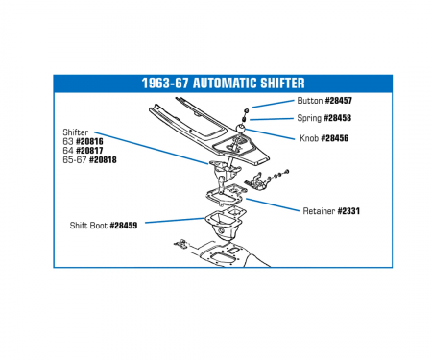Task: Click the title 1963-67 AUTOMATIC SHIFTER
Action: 223,84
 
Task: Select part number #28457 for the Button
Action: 339,101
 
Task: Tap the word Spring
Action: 309,118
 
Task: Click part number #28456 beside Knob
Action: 335,138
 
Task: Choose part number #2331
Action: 348,211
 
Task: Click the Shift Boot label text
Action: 88,226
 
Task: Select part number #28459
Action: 124,226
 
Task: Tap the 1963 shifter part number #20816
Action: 89,141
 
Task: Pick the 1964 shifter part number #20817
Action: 89,151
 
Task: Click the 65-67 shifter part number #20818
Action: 103,159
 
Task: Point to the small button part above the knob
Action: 247,110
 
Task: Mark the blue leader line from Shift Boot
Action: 175,221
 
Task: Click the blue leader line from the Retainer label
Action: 272,204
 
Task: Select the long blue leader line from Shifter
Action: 152,148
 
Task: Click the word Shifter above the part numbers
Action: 76,132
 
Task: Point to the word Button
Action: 310,101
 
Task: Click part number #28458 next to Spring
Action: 338,118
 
